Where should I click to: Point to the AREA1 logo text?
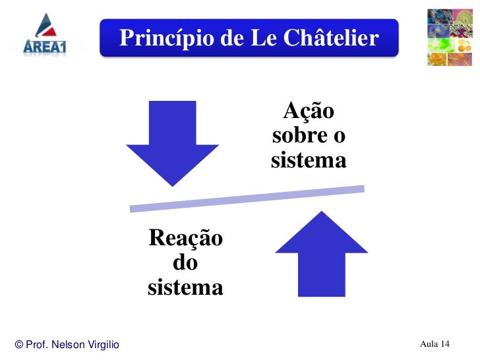pos(45,45)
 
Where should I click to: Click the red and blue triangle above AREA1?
pos(46,24)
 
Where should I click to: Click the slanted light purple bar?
pos(247,198)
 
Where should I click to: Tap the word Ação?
pos(309,111)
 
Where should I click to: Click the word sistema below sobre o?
pos(309,160)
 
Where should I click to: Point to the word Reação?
pos(185,237)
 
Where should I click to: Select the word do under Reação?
pos(185,262)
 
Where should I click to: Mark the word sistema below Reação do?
pos(185,287)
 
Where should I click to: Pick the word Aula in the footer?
pos(429,344)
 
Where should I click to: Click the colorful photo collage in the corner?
pos(450,37)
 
